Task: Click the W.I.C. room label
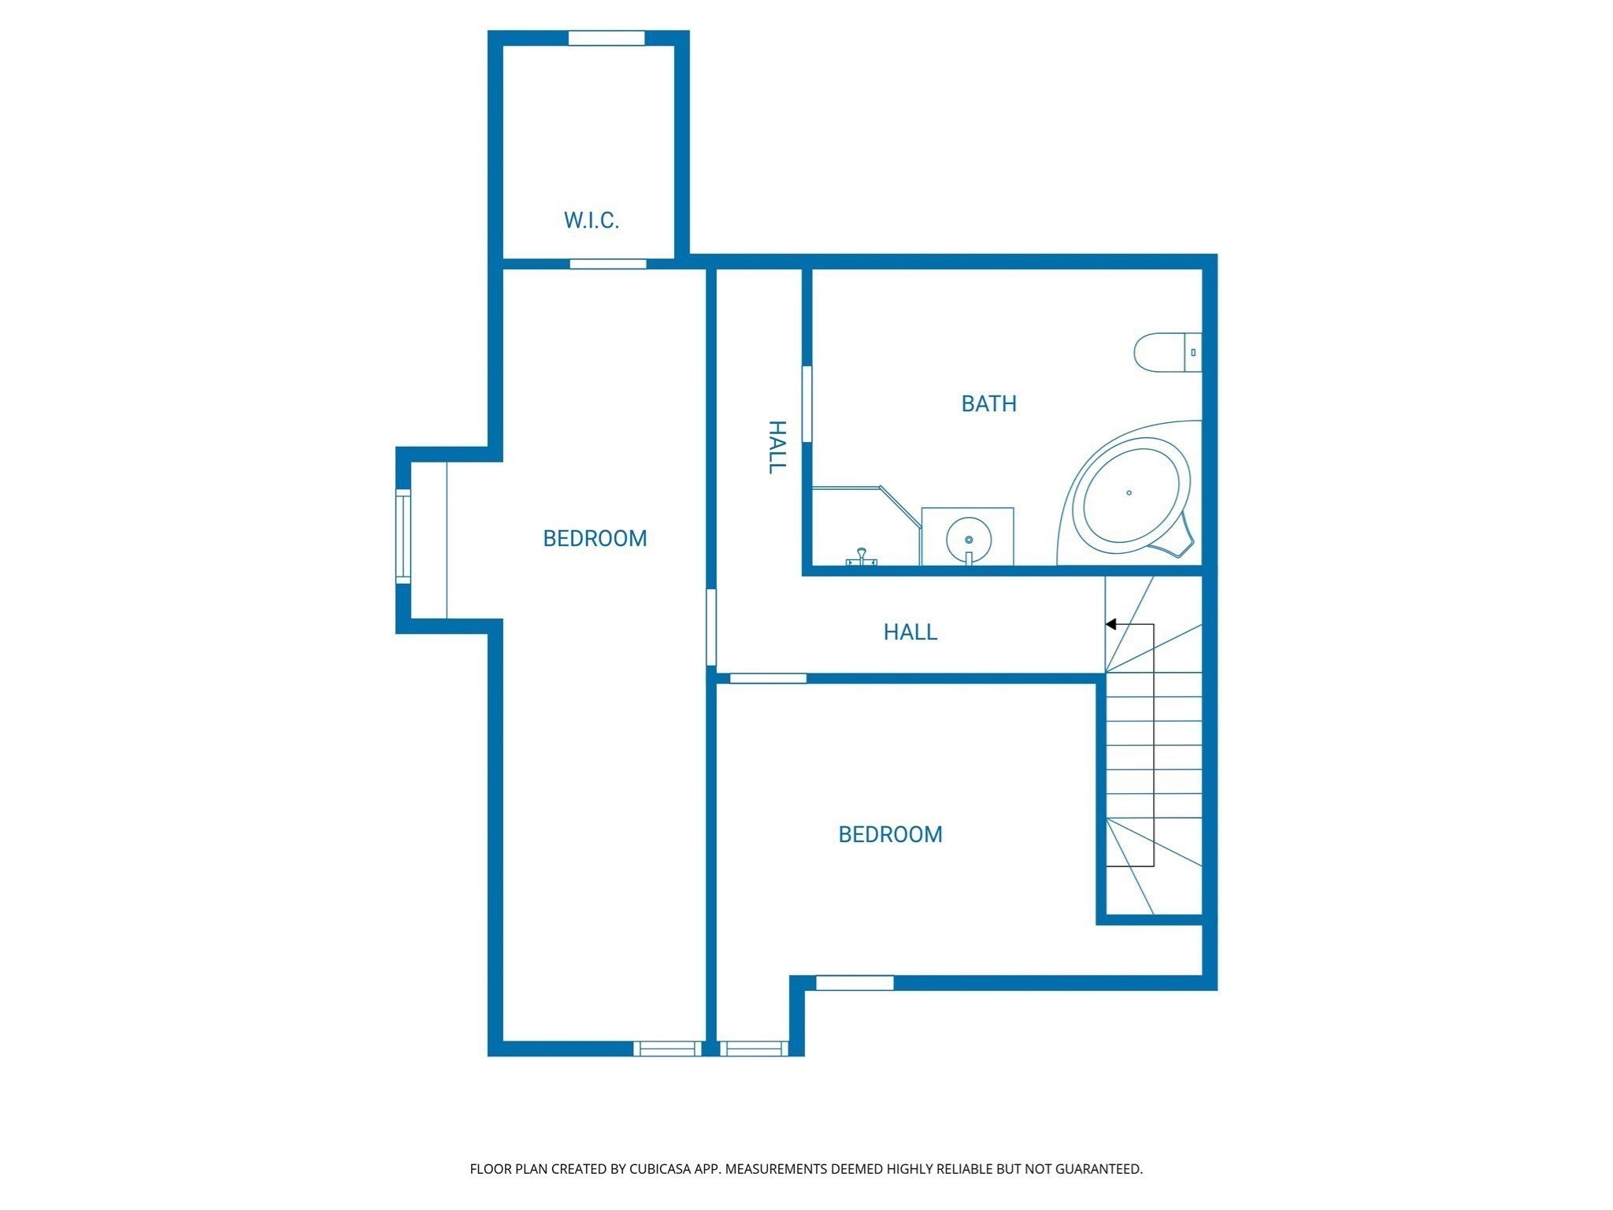(x=591, y=221)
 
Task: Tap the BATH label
(x=988, y=404)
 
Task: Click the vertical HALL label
(x=777, y=447)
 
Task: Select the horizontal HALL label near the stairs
(x=910, y=632)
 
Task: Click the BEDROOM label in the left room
(x=595, y=539)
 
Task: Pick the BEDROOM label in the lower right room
(x=890, y=834)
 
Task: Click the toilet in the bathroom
(x=1166, y=353)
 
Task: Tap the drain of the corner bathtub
(x=1129, y=493)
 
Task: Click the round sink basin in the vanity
(x=969, y=538)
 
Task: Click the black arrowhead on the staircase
(x=1111, y=624)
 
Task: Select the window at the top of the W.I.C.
(x=606, y=38)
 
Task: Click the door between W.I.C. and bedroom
(x=608, y=264)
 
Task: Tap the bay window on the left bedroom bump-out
(x=402, y=536)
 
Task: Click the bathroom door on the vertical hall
(x=806, y=403)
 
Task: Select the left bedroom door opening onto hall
(x=710, y=627)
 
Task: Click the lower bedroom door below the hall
(x=768, y=678)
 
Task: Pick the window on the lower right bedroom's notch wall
(x=855, y=982)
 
